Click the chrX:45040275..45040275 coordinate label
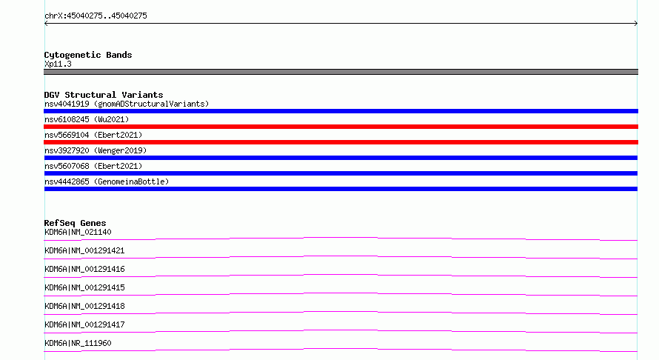pos(96,16)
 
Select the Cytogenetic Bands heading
pos(88,55)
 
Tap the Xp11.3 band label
pos(58,64)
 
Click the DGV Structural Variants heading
pos(104,95)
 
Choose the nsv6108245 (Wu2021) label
pos(87,119)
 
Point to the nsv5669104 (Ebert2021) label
pos(93,135)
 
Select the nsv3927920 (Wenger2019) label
pos(96,150)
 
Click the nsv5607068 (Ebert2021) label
pos(93,166)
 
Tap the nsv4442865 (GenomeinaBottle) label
pos(107,181)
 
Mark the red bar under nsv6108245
pos(341,127)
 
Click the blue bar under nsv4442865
pos(341,189)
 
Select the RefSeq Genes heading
pos(75,223)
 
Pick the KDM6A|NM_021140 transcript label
pos(78,232)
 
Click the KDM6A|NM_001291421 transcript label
pos(84,250)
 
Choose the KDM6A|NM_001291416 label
pos(84,269)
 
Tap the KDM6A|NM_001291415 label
pos(84,287)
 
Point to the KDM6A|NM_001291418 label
pos(84,306)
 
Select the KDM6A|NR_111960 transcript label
pos(78,343)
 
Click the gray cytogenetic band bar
pos(341,72)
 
